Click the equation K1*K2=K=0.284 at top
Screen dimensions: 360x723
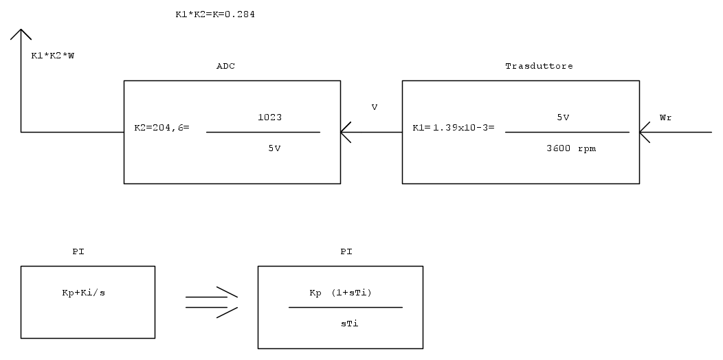[215, 14]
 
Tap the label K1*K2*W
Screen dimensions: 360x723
[53, 56]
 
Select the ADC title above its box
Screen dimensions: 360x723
[226, 66]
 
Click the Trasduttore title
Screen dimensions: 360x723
[539, 66]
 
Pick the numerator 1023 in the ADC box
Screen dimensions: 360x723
[269, 117]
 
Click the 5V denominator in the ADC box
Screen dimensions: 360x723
[274, 146]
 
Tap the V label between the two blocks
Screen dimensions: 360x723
[374, 107]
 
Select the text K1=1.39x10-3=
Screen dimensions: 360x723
[453, 128]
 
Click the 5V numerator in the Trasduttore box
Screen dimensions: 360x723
[563, 117]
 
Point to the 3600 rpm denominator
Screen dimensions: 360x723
[567, 148]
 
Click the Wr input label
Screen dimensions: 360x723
[665, 117]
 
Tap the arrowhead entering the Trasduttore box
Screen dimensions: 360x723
[645, 132]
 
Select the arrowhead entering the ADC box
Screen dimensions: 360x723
[346, 132]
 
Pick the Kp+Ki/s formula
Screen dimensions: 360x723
[83, 293]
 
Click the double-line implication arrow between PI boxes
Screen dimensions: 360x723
[211, 302]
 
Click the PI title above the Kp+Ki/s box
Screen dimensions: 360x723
[78, 252]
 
